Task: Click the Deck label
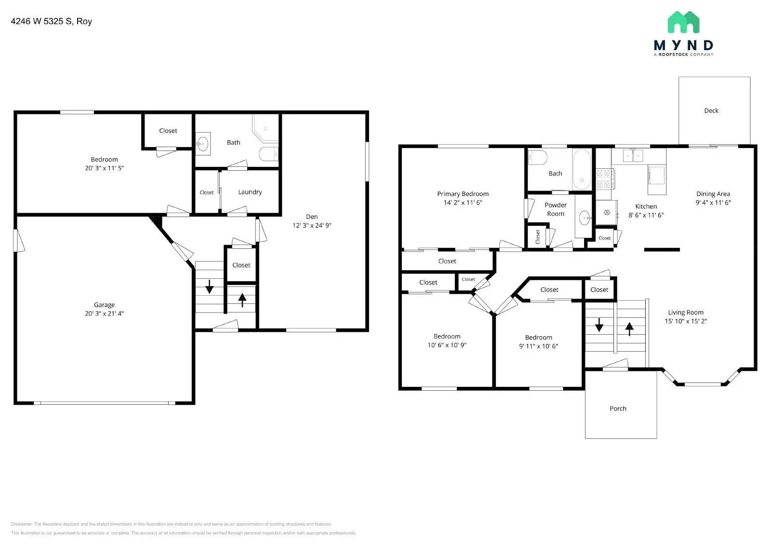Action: click(x=711, y=110)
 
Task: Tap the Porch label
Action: click(x=618, y=409)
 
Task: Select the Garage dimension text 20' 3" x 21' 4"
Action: click(x=104, y=314)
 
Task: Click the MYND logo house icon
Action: click(x=683, y=22)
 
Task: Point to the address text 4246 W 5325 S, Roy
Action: click(x=51, y=21)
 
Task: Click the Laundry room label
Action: click(x=250, y=192)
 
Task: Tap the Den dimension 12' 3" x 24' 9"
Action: click(x=312, y=225)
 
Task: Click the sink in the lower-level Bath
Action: click(x=203, y=143)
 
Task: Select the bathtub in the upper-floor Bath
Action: click(x=582, y=169)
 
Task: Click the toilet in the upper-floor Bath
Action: click(x=537, y=157)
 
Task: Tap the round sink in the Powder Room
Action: click(x=585, y=218)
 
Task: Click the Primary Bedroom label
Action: click(x=463, y=194)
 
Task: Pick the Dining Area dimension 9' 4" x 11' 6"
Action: click(x=713, y=203)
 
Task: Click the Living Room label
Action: click(x=685, y=313)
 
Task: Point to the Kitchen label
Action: click(x=646, y=206)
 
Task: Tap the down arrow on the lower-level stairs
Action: click(x=210, y=287)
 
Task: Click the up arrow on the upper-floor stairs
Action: click(x=629, y=328)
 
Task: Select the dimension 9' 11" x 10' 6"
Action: click(x=538, y=346)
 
